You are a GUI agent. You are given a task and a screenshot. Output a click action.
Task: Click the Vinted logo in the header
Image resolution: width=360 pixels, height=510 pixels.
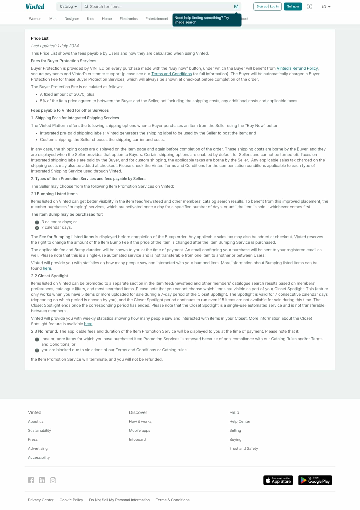click(x=35, y=6)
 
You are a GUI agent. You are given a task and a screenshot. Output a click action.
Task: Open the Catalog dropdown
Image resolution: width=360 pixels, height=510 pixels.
click(x=68, y=6)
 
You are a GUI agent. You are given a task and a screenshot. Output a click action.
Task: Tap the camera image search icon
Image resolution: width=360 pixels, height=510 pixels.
click(x=236, y=6)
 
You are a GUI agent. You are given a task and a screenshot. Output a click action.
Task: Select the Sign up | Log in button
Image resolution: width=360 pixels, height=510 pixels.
click(x=267, y=6)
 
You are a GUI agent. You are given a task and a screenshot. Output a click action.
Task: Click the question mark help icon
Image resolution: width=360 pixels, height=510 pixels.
click(x=309, y=6)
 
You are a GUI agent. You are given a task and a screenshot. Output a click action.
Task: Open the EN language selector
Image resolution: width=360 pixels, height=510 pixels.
click(x=326, y=6)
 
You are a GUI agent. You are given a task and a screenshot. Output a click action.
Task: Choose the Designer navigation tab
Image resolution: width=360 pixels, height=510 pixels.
click(x=72, y=19)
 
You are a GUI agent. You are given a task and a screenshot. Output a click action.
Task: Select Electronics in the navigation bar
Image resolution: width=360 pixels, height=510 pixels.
click(x=128, y=19)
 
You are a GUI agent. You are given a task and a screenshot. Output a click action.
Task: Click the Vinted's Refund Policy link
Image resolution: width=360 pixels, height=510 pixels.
click(x=297, y=68)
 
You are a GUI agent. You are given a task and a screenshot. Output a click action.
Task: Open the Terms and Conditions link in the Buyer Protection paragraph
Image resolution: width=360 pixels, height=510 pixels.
click(x=171, y=74)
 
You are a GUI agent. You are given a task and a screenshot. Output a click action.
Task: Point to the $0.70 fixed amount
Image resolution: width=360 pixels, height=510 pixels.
click(x=79, y=94)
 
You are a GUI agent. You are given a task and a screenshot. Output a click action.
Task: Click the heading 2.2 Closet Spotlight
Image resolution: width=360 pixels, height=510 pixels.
click(x=49, y=276)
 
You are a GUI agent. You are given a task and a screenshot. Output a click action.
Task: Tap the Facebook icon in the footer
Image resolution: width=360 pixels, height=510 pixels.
click(x=31, y=480)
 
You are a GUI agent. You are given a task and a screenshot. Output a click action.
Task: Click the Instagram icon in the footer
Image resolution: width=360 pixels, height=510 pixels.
click(x=53, y=480)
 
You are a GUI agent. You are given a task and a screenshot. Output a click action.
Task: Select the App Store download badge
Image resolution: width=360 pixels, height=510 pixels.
click(x=278, y=480)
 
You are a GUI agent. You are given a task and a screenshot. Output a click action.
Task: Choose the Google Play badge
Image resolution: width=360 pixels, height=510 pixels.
click(x=315, y=480)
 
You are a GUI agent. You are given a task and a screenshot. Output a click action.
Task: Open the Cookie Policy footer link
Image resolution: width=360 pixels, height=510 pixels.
click(x=71, y=500)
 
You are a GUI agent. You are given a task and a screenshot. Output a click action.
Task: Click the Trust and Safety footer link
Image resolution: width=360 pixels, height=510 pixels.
click(x=244, y=448)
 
